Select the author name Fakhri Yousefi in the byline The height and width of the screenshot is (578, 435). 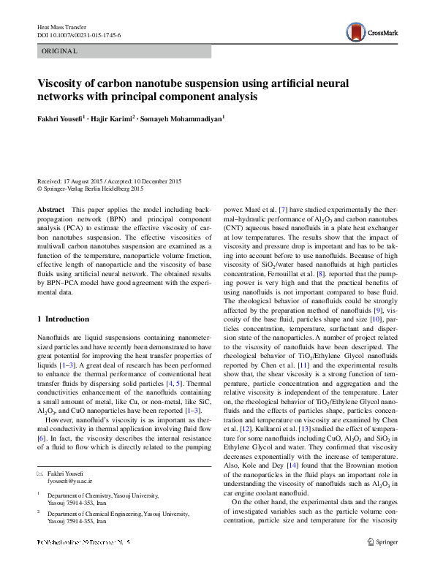[x=61, y=118]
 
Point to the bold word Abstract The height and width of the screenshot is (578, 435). [x=51, y=209]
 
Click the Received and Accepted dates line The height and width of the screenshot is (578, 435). [x=109, y=181]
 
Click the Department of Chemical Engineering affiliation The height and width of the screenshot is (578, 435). [x=116, y=494]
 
